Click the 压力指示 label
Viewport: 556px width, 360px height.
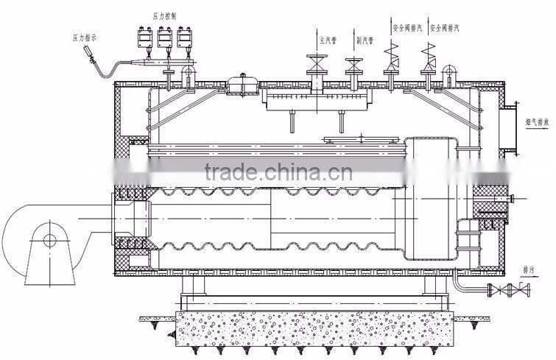coord(85,35)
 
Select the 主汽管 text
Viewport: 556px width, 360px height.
coord(325,32)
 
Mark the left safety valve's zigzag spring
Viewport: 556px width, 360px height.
coord(390,52)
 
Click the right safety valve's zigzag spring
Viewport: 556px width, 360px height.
coord(427,52)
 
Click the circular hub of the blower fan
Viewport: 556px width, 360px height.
coord(50,239)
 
